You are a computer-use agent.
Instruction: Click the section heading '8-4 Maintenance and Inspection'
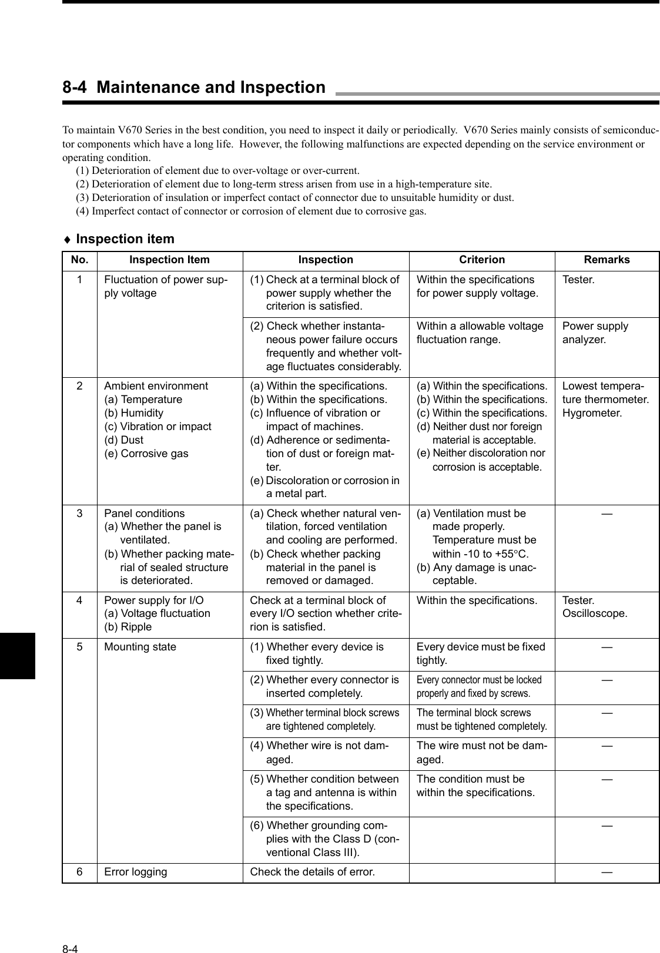pyautogui.click(x=194, y=88)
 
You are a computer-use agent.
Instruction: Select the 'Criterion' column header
pyautogui.click(x=481, y=260)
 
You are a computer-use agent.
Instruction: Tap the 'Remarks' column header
pyautogui.click(x=607, y=260)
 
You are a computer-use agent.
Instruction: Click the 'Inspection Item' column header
pyautogui.click(x=169, y=260)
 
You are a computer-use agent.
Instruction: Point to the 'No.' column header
pyautogui.click(x=79, y=260)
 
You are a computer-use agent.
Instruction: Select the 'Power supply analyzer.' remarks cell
pyautogui.click(x=595, y=333)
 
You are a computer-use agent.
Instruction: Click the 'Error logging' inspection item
pyautogui.click(x=135, y=872)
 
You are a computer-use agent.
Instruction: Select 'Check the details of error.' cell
pyautogui.click(x=312, y=872)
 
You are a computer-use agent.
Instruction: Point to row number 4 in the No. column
pyautogui.click(x=79, y=600)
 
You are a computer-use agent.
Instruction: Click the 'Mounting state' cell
pyautogui.click(x=140, y=647)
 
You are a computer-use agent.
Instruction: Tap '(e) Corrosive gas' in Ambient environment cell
pyautogui.click(x=146, y=454)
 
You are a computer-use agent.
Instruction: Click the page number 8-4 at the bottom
pyautogui.click(x=71, y=933)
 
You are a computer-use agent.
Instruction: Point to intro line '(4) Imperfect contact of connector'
pyautogui.click(x=252, y=211)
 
